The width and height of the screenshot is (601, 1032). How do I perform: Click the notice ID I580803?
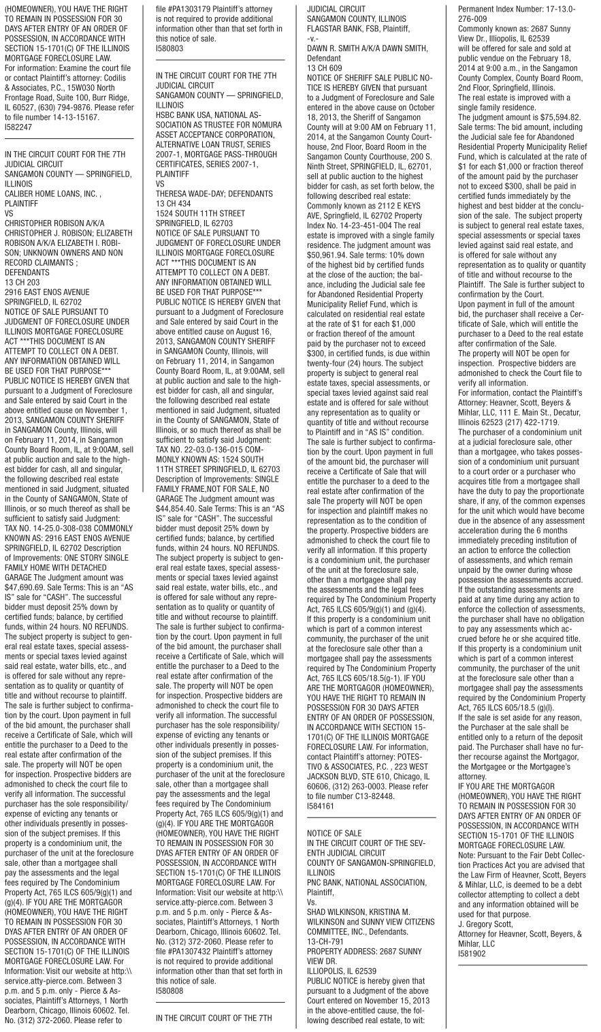coord(169,49)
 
